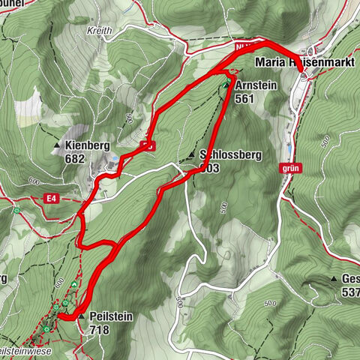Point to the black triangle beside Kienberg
pos(57,145)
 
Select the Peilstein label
pos(110,316)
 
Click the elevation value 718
pos(100,328)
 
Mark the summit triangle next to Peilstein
pos(81,316)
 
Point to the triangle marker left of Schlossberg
pos(193,155)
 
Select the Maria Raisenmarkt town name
pos(303,63)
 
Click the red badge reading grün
pos(292,169)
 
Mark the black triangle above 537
pos(334,279)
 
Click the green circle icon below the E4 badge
pos(17,211)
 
